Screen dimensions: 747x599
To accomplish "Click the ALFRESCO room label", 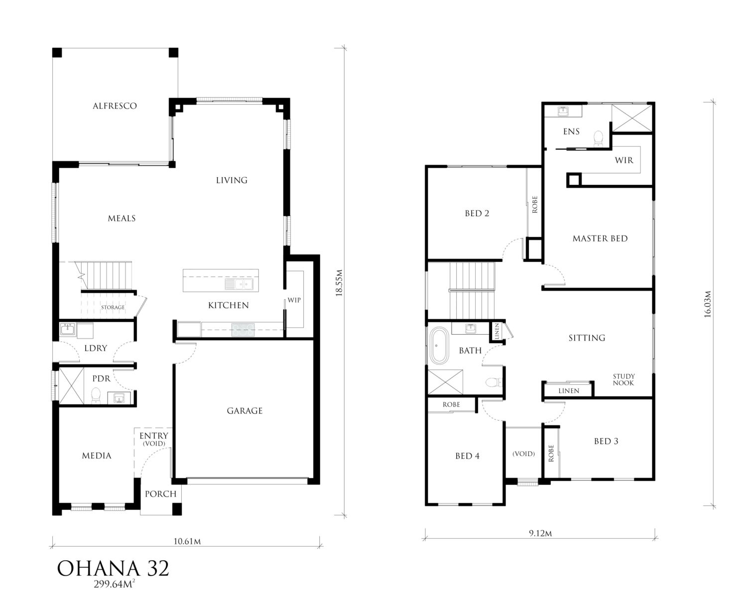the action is (x=115, y=106).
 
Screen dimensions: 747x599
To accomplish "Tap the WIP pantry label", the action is (x=294, y=300).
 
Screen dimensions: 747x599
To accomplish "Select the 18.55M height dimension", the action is (x=339, y=283).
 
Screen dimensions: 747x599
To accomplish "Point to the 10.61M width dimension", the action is (x=187, y=541).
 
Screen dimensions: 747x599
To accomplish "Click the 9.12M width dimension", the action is (x=540, y=533).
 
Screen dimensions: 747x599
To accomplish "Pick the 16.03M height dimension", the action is (x=708, y=304).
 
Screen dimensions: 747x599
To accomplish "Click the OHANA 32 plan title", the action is (x=113, y=569).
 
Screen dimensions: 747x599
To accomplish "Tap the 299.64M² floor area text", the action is (x=114, y=584).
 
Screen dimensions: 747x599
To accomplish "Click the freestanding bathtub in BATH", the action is (x=439, y=346).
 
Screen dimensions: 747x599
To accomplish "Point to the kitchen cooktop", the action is (x=243, y=330).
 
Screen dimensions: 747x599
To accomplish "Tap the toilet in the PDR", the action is (x=96, y=395).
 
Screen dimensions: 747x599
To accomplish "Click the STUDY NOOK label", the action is (x=623, y=380).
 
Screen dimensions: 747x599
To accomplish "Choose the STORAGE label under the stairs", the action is (x=113, y=307).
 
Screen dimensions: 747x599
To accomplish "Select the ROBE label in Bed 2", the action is (x=534, y=205).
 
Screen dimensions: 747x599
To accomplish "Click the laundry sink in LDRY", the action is (x=67, y=329).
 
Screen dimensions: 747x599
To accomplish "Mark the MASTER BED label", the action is (x=600, y=239).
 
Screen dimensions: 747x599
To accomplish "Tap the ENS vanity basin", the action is (x=563, y=112).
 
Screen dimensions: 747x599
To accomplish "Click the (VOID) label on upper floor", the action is (x=523, y=454).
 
